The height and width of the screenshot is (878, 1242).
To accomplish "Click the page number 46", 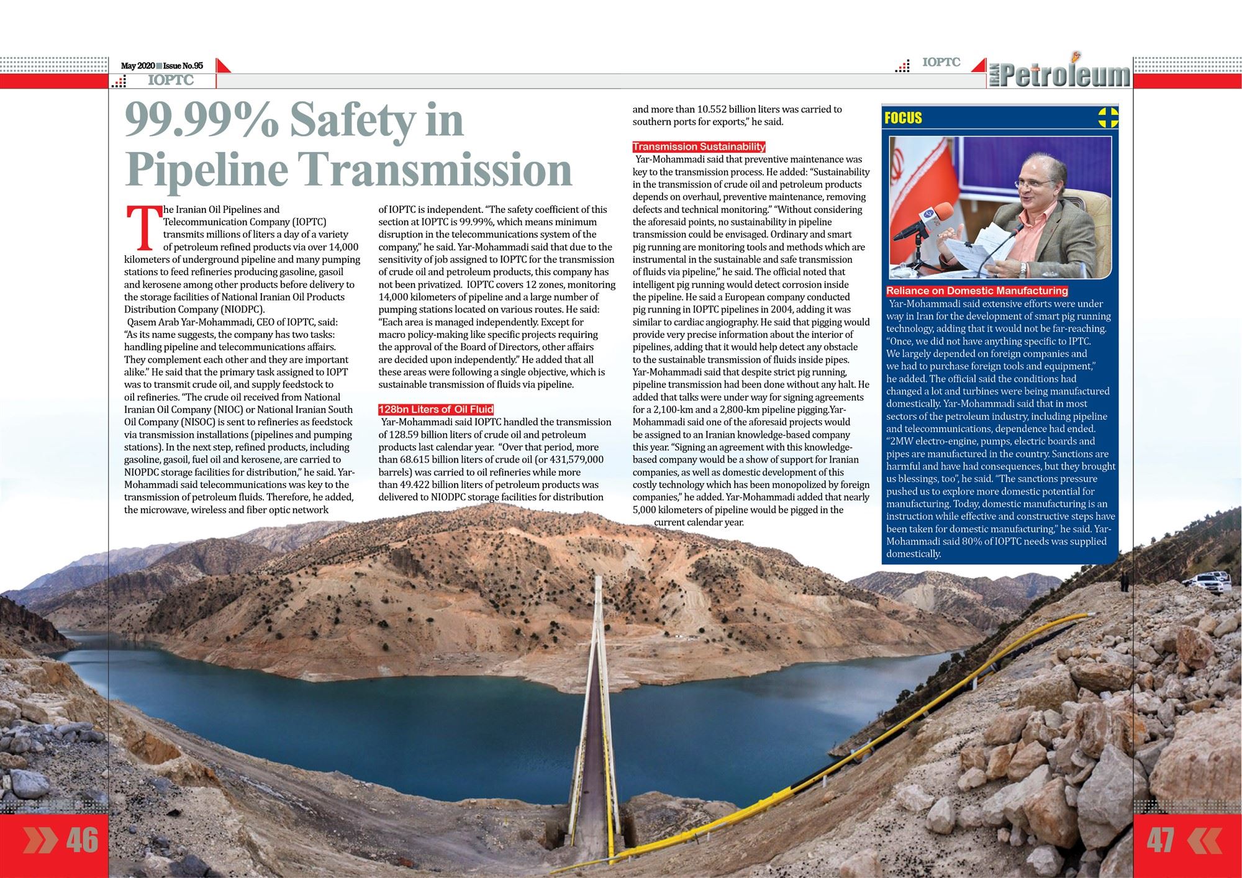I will (82, 840).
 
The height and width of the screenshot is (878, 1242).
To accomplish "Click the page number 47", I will (1160, 840).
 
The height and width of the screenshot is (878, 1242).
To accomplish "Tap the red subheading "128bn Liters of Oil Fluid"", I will (436, 409).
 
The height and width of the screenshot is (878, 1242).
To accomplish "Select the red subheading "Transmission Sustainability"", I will (699, 147).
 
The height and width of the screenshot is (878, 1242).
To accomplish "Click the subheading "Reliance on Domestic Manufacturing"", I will (977, 291).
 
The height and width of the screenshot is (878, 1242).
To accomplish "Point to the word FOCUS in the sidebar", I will (903, 118).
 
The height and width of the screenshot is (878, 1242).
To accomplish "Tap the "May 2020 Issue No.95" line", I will (162, 66).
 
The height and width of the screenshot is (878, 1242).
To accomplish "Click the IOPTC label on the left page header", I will (171, 81).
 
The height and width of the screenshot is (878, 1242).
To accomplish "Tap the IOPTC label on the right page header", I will (941, 62).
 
